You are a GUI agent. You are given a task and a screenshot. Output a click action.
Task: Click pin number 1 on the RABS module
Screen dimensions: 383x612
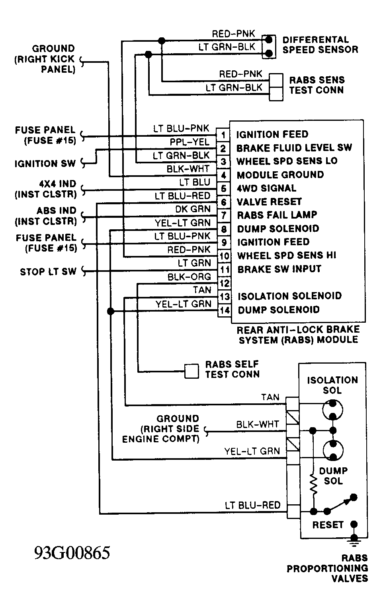tap(223, 135)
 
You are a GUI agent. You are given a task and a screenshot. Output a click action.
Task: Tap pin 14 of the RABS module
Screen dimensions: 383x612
tap(225, 310)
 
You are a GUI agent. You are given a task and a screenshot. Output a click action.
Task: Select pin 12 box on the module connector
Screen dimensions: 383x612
tap(225, 283)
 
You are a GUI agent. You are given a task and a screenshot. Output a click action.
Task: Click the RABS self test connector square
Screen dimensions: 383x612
tap(191, 371)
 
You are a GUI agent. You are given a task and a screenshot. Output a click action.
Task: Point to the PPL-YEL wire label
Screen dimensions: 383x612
tap(190, 142)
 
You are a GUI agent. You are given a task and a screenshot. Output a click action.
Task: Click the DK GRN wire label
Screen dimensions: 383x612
tap(193, 209)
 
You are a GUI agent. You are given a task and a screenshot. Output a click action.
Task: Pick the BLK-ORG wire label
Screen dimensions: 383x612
tap(189, 277)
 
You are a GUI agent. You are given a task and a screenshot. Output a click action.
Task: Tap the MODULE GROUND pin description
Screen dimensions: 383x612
tap(280, 175)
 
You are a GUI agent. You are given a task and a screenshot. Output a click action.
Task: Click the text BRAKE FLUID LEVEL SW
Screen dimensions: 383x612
tap(294, 148)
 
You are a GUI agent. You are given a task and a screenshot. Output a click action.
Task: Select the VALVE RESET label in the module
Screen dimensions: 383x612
tap(269, 202)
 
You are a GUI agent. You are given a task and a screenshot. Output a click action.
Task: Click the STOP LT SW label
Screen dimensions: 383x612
tap(48, 272)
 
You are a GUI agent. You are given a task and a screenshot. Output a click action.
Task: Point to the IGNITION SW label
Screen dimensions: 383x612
tap(45, 164)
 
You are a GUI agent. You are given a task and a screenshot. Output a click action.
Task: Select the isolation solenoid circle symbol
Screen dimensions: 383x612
tap(332, 410)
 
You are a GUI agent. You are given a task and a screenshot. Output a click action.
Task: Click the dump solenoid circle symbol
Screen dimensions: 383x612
tap(333, 450)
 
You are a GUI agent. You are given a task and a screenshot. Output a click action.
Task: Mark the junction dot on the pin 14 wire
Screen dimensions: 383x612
tap(111, 311)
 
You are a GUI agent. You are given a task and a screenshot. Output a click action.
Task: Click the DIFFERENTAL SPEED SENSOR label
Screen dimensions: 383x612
tap(320, 45)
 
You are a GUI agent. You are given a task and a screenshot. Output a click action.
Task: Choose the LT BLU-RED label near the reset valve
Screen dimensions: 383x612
tap(253, 505)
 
